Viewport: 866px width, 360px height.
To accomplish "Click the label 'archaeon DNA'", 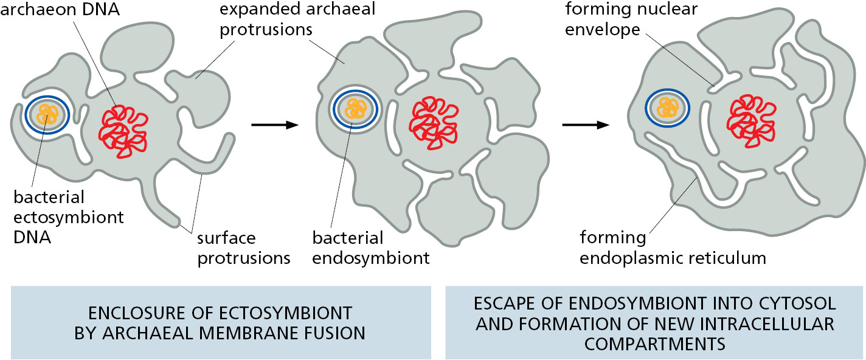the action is coord(60,10).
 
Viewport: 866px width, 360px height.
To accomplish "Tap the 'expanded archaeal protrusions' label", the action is coord(297,19).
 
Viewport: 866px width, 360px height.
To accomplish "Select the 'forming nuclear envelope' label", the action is coord(631,19).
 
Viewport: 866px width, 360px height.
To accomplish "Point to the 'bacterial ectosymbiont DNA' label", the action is coord(69,217).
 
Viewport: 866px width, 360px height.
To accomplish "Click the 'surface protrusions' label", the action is coord(243,248).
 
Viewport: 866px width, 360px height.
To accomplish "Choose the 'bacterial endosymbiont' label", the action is coord(371,248).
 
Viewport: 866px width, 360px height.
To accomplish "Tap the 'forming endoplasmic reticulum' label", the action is coord(673,248).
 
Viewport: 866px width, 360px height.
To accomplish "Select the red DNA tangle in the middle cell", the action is coord(434,123).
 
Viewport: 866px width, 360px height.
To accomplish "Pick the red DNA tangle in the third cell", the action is coord(751,121).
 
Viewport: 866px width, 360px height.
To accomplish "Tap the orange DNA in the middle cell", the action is coord(355,109).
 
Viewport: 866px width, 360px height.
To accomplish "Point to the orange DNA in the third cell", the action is coord(667,108).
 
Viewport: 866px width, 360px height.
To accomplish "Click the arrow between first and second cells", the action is coord(275,125).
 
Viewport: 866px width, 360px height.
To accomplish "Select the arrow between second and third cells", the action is coord(585,125).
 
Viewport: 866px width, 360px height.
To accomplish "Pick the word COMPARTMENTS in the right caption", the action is coord(654,344).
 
